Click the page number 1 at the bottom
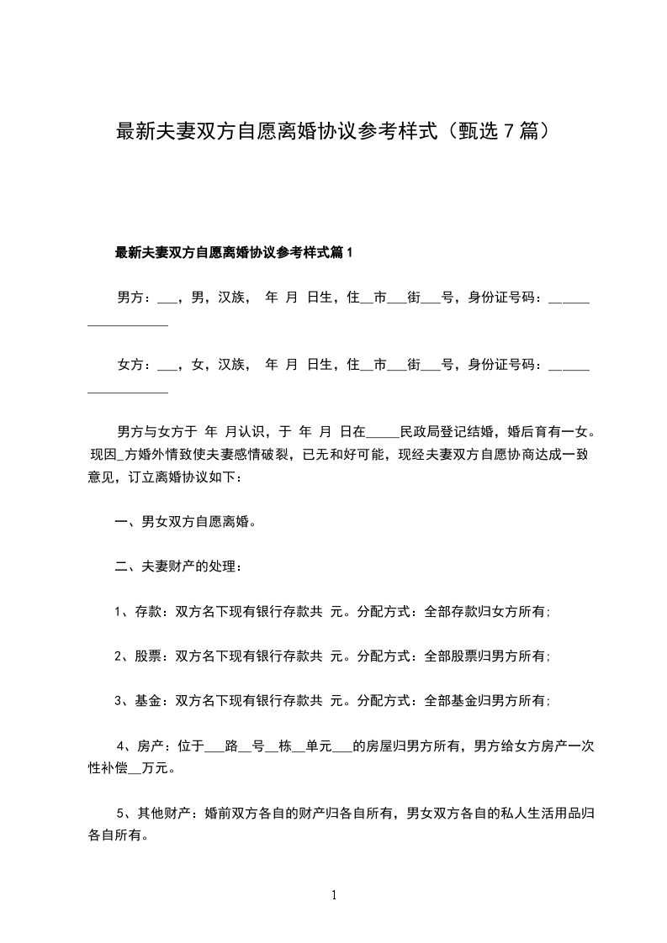point(334,895)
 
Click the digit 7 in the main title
point(507,132)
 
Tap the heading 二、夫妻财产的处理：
point(179,566)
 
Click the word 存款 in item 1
point(148,612)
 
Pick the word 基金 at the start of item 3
point(148,701)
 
